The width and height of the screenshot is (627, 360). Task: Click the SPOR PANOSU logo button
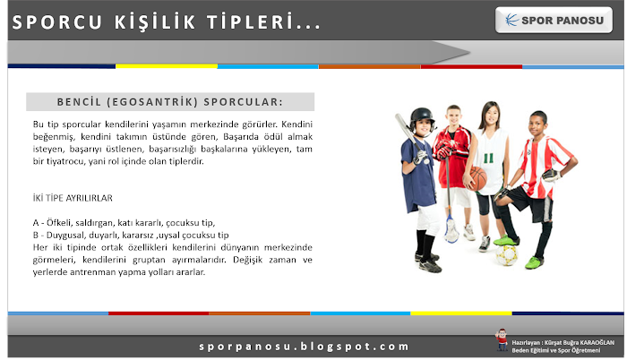click(554, 20)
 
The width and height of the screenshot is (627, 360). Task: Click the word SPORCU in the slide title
click(57, 22)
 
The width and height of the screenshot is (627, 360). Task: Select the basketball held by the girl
click(477, 178)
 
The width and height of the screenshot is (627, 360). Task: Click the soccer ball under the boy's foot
click(507, 255)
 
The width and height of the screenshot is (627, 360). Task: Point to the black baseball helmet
click(422, 118)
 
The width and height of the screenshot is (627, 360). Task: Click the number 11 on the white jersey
click(488, 159)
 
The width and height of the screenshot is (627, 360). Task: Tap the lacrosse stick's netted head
click(451, 230)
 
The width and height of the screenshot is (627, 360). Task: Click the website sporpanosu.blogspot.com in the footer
click(304, 346)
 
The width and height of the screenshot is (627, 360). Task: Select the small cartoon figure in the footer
click(501, 339)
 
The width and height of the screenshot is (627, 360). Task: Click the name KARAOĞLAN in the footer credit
click(597, 342)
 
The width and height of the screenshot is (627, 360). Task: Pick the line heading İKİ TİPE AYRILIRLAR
click(73, 198)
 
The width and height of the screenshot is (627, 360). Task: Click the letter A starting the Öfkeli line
click(36, 223)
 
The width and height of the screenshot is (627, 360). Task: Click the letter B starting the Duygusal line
click(36, 236)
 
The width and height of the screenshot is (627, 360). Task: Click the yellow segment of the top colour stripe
click(167, 66)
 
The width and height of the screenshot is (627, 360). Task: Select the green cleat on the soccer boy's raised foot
click(506, 241)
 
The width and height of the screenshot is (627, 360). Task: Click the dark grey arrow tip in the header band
click(467, 52)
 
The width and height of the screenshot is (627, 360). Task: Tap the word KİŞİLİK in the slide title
click(155, 22)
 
